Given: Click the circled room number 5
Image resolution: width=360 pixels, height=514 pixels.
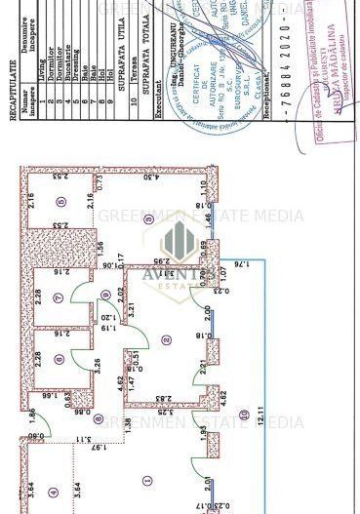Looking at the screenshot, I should [x=61, y=202].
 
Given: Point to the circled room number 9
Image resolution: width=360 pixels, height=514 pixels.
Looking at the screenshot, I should [x=105, y=295].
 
